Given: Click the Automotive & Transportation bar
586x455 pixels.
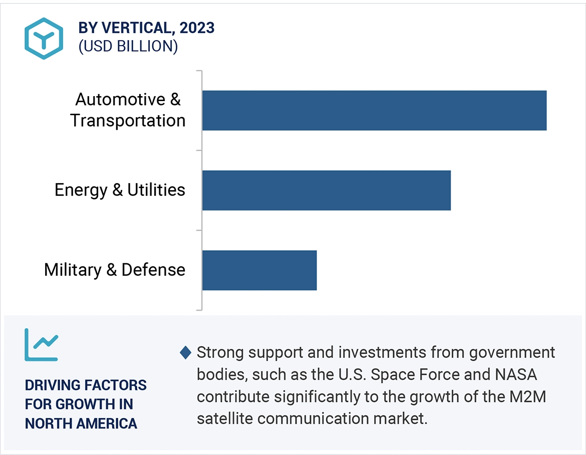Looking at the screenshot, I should [374, 110].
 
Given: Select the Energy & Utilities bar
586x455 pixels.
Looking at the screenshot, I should [326, 190].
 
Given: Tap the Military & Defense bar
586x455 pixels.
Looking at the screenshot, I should [259, 270].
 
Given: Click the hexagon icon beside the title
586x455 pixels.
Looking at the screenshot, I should [44, 39].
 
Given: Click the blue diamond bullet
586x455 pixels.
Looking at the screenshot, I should [185, 352].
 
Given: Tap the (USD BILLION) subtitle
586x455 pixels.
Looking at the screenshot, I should [128, 47].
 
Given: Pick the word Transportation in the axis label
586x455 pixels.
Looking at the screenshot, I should [128, 121].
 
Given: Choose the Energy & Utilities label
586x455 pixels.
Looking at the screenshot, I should [120, 190].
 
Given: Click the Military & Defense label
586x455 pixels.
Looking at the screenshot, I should [115, 270].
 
